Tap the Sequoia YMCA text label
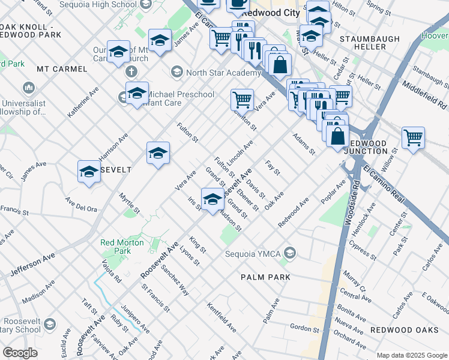pyautogui.click(x=253, y=254)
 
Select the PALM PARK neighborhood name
pyautogui.click(x=265, y=277)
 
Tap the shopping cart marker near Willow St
pyautogui.click(x=413, y=138)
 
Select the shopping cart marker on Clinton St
pyautogui.click(x=242, y=99)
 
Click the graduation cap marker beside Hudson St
pyautogui.click(x=212, y=199)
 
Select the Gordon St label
pyautogui.click(x=304, y=328)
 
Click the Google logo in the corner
pyautogui.click(x=20, y=353)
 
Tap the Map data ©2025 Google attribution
pyautogui.click(x=411, y=355)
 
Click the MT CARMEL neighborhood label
pyautogui.click(x=62, y=69)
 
